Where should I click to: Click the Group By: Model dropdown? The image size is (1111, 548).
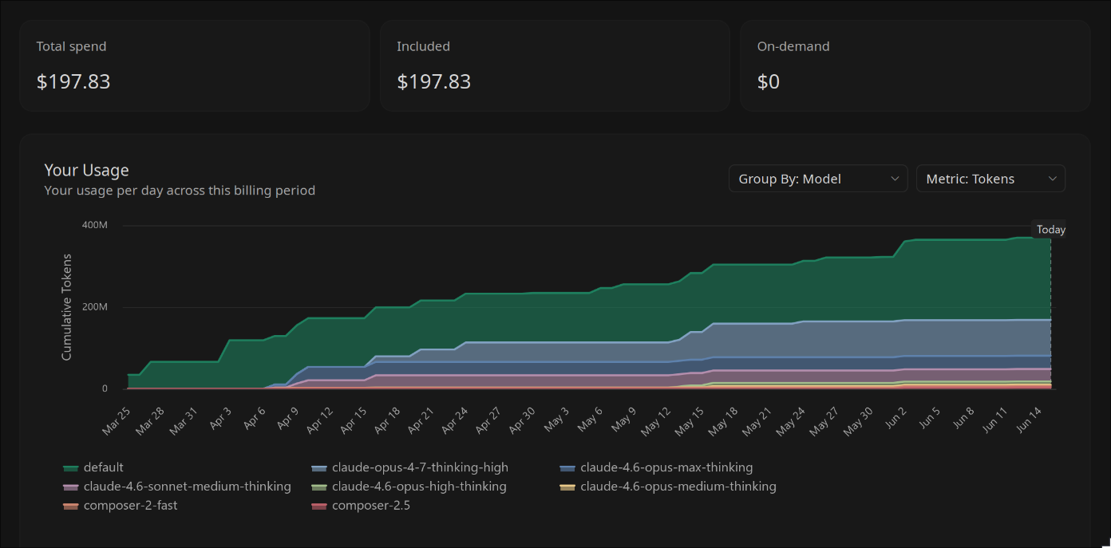click(x=818, y=179)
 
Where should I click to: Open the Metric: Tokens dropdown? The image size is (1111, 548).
click(x=990, y=179)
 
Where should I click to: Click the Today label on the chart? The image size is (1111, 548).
click(x=1051, y=230)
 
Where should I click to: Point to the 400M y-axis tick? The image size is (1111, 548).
click(x=94, y=225)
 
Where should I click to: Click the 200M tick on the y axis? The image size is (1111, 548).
click(x=94, y=306)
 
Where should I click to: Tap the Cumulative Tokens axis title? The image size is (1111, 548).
click(x=66, y=307)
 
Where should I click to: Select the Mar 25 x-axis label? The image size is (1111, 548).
click(x=117, y=420)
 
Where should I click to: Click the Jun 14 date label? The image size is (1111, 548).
click(x=1029, y=420)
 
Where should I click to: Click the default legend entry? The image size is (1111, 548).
click(x=93, y=467)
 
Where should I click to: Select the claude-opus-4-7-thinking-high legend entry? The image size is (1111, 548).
click(x=409, y=467)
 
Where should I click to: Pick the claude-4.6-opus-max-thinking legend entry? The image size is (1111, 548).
click(x=656, y=467)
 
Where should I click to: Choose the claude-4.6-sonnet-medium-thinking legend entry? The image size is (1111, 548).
click(x=177, y=487)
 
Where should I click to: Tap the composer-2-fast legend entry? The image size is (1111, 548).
click(x=120, y=506)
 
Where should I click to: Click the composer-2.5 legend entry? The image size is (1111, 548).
click(x=361, y=506)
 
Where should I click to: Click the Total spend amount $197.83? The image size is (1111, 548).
click(x=73, y=81)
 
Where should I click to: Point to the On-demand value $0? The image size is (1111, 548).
click(x=769, y=81)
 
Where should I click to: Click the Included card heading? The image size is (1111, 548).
click(x=423, y=46)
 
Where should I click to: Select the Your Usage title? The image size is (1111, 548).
click(x=86, y=170)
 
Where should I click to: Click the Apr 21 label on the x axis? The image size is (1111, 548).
click(x=421, y=420)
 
